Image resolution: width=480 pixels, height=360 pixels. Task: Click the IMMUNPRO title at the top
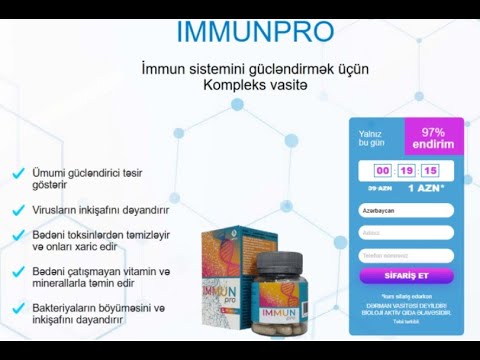click(x=254, y=31)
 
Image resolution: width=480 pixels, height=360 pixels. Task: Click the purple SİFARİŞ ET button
click(x=405, y=275)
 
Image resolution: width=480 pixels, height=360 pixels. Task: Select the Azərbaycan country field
click(x=405, y=212)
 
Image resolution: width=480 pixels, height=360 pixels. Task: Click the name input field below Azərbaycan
click(x=405, y=233)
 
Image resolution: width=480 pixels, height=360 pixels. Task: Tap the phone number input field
click(x=405, y=254)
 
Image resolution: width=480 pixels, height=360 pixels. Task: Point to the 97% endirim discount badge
click(x=433, y=138)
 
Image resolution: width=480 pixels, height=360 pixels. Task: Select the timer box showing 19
click(x=406, y=170)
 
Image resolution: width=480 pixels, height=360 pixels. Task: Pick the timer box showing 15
click(x=431, y=170)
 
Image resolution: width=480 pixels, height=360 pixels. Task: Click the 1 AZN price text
click(x=426, y=187)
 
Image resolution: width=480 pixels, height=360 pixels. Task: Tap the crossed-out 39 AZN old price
click(x=379, y=188)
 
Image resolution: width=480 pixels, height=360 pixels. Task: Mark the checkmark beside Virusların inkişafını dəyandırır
click(x=19, y=210)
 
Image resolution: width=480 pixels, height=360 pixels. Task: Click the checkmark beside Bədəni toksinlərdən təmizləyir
click(x=19, y=234)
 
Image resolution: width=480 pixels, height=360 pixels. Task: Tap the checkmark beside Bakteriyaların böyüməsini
click(x=19, y=308)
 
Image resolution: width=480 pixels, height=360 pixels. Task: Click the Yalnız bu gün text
click(x=371, y=138)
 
